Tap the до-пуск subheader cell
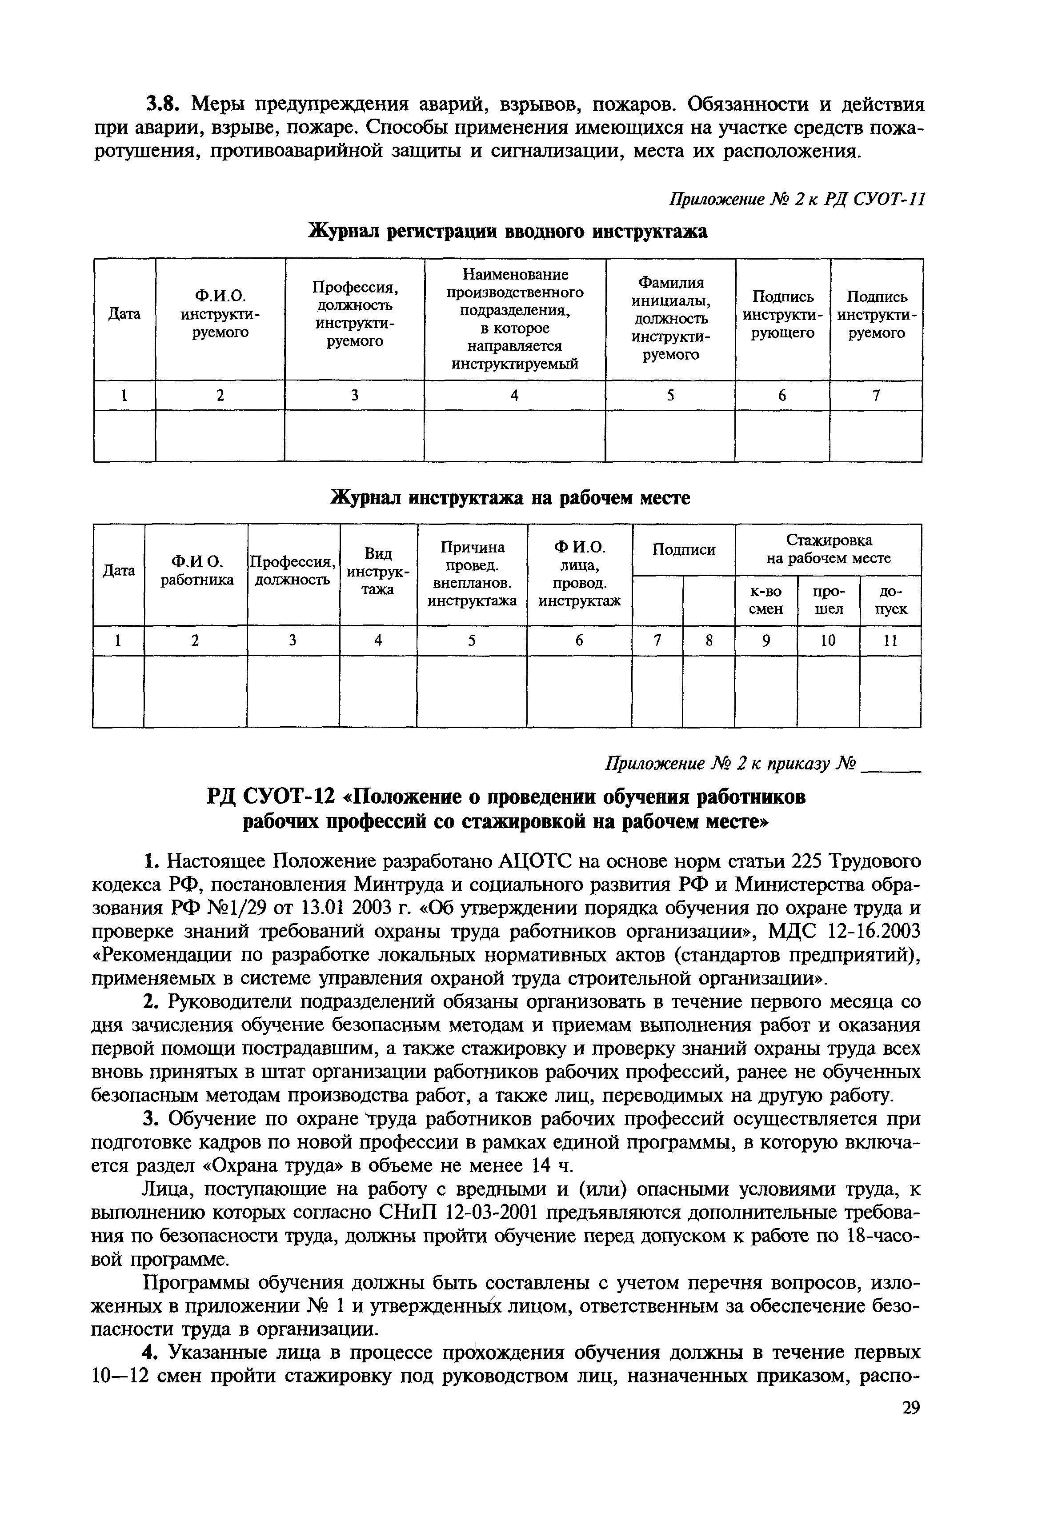coord(890,600)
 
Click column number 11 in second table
coord(890,641)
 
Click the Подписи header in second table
coord(684,550)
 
